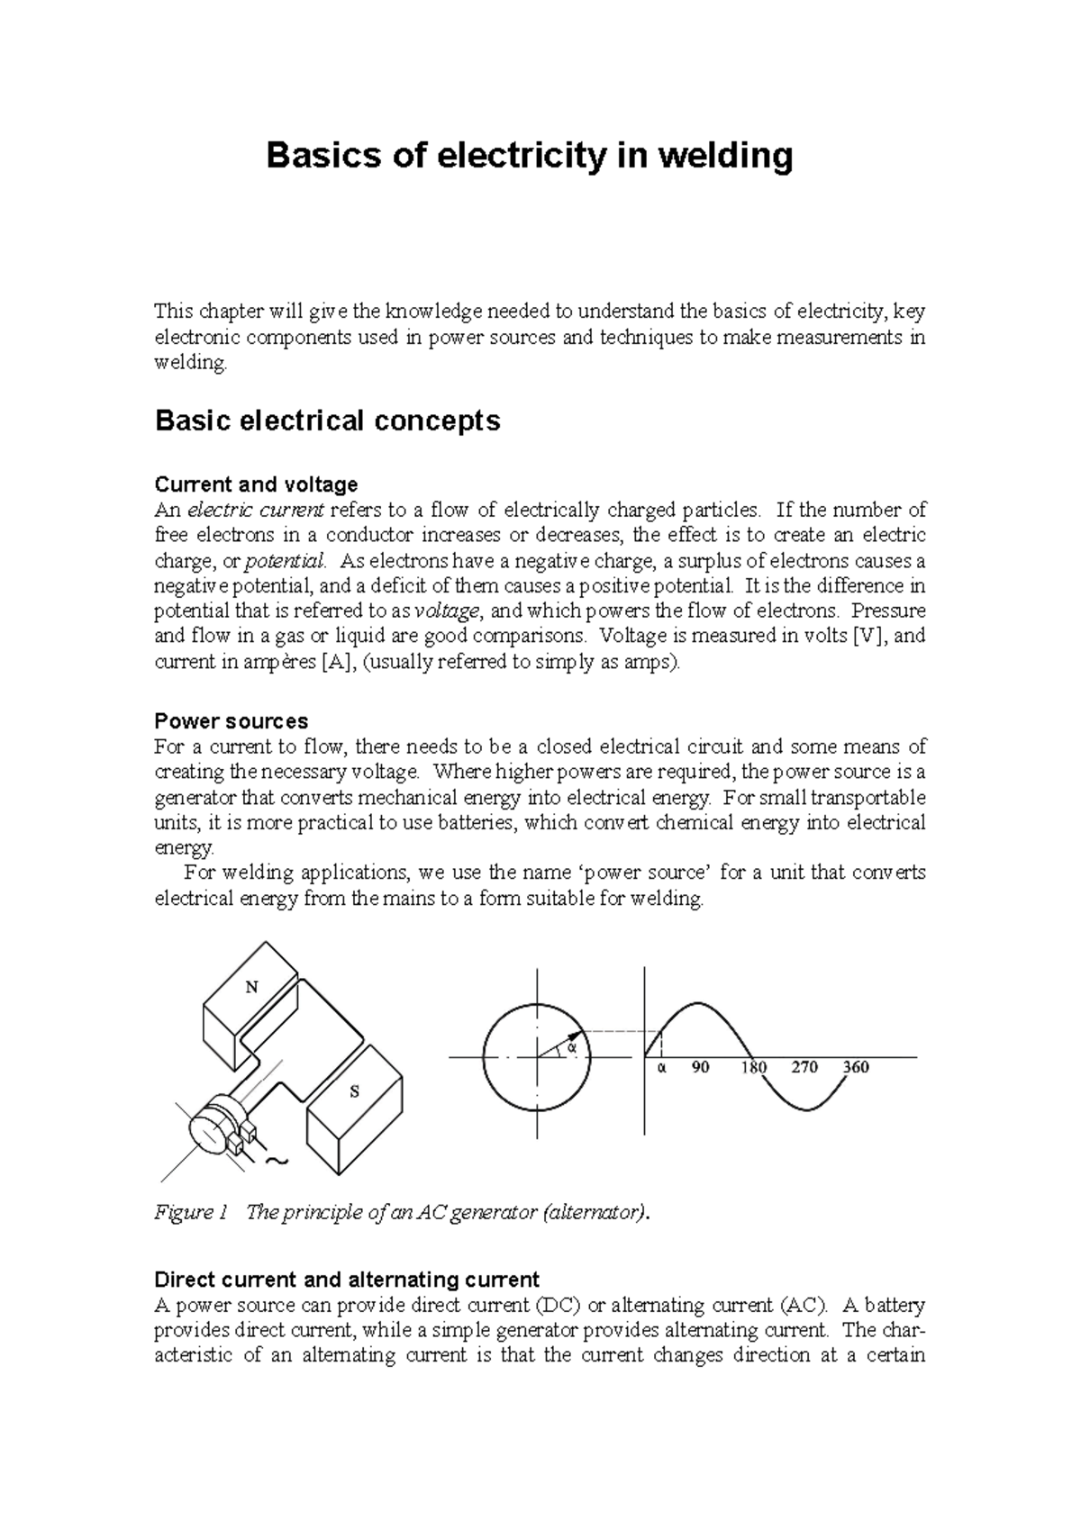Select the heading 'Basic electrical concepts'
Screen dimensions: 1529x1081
[x=327, y=421]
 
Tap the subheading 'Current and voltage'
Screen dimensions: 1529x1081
[x=256, y=484]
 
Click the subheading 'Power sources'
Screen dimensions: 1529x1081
[x=231, y=721]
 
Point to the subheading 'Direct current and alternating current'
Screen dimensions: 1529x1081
[x=347, y=1280]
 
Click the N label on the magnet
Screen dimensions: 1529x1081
[x=252, y=987]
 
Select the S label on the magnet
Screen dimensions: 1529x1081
[x=354, y=1091]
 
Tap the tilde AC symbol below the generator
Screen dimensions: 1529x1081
[x=278, y=1162]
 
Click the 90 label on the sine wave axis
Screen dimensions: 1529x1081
[x=700, y=1067]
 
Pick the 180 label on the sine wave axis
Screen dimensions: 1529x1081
[x=753, y=1067]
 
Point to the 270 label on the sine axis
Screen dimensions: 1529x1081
[x=804, y=1067]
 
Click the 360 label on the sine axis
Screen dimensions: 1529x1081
[x=856, y=1067]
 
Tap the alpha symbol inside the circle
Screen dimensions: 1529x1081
[x=569, y=1047]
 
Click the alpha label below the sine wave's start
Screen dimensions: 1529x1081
[x=660, y=1067]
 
